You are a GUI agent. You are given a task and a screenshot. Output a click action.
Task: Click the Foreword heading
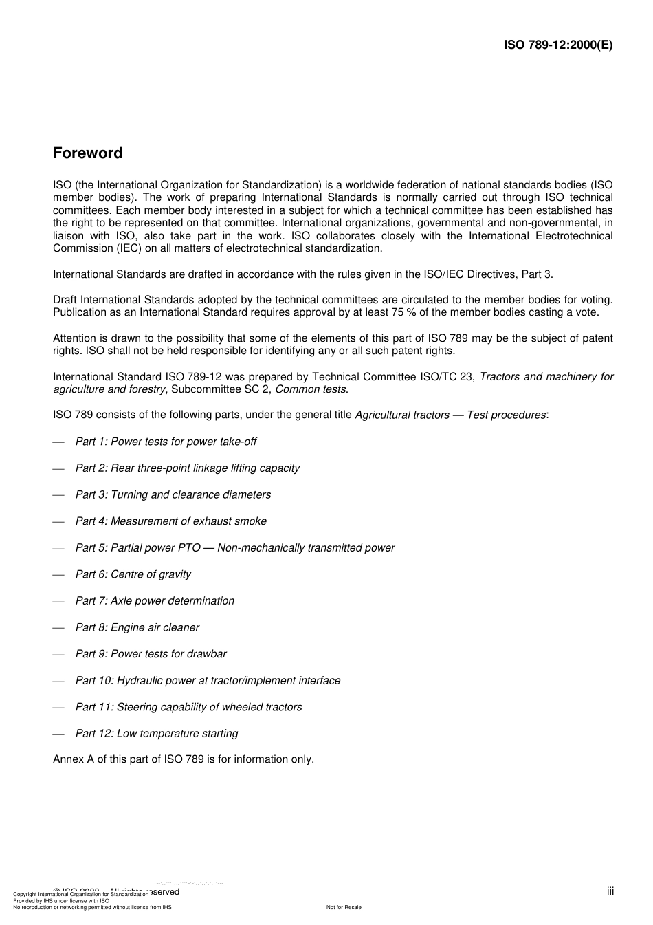coord(87,153)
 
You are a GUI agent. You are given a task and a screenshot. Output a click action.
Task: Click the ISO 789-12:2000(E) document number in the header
coord(557,45)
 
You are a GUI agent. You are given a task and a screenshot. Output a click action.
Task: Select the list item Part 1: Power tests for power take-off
coord(166,442)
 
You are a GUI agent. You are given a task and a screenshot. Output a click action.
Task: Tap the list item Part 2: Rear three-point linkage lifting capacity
coord(187,468)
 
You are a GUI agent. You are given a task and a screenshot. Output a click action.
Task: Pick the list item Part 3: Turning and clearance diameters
coord(173,495)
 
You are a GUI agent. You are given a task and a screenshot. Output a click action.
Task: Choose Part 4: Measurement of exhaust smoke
coord(170,521)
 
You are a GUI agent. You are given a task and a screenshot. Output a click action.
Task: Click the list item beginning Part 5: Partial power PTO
coord(234,548)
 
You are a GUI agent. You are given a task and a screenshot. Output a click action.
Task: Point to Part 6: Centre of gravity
coord(133,574)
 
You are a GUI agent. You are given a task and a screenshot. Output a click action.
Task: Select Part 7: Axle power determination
coord(155,601)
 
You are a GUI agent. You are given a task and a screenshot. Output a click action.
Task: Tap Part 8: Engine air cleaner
coord(137,628)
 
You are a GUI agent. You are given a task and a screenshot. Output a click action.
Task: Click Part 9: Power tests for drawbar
coord(151,654)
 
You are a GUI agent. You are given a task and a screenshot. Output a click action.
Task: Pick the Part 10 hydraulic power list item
coord(208,681)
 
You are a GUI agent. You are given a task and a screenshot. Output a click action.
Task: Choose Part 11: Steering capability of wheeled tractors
coord(188,707)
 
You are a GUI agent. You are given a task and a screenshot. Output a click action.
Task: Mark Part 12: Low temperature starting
coord(157,734)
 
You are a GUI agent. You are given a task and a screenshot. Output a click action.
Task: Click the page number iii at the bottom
coord(610,891)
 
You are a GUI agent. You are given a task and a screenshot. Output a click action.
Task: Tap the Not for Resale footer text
coord(344,907)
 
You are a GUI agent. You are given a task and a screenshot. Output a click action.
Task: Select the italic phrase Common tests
coord(311,390)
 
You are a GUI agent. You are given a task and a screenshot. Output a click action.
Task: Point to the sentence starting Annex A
coord(183,759)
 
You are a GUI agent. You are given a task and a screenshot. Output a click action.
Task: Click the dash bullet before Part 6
coord(58,575)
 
